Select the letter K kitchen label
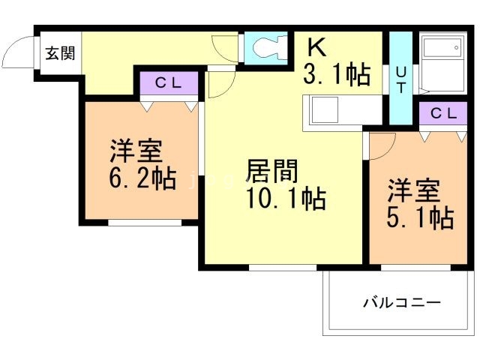coord(317,48)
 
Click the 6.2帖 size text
coord(142,179)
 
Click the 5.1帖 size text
coord(419,217)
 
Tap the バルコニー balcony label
coord(402,303)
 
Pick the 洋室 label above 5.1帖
coord(412,190)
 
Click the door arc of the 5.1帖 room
coord(380,146)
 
